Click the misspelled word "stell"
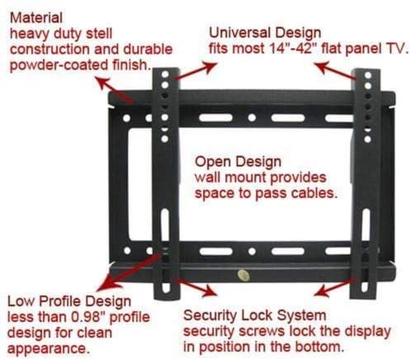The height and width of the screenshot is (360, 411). tap(99, 34)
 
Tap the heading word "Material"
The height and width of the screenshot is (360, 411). tap(36, 18)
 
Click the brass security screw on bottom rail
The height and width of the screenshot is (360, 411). tap(243, 275)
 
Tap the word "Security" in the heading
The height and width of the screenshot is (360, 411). tap(210, 315)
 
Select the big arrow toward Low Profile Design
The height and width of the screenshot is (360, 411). tap(130, 272)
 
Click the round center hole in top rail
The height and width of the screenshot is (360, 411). tap(252, 118)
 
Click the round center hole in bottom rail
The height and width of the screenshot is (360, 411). tap(252, 251)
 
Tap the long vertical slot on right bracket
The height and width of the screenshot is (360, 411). tap(366, 225)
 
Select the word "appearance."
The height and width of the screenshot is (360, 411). tap(49, 348)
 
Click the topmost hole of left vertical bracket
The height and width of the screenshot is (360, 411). tap(165, 74)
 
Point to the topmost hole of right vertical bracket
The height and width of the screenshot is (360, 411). tap(368, 75)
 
